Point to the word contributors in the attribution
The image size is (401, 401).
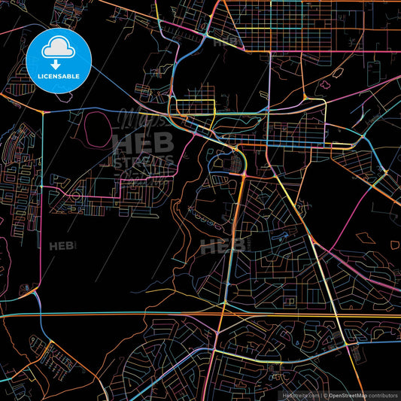[384, 395]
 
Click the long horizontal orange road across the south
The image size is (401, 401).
[113, 313]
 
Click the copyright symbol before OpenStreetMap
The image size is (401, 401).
[325, 395]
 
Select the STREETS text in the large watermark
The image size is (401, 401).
[143, 160]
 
